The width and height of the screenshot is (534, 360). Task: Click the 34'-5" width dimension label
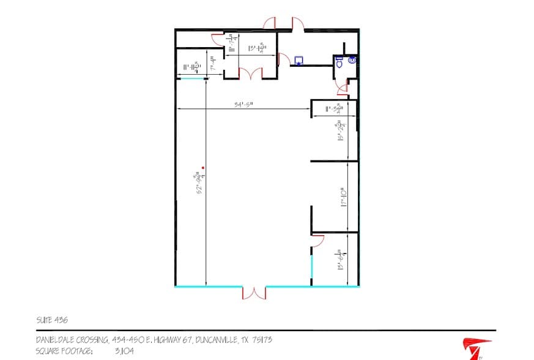tap(243, 104)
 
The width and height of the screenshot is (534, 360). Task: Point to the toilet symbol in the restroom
tap(339, 61)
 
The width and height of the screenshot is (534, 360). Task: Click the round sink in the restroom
tap(352, 60)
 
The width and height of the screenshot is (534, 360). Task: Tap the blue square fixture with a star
tap(299, 61)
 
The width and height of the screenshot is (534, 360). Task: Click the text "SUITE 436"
tap(52, 320)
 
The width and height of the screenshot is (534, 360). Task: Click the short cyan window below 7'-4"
tap(190, 78)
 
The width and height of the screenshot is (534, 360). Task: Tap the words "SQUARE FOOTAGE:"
tap(65, 351)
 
